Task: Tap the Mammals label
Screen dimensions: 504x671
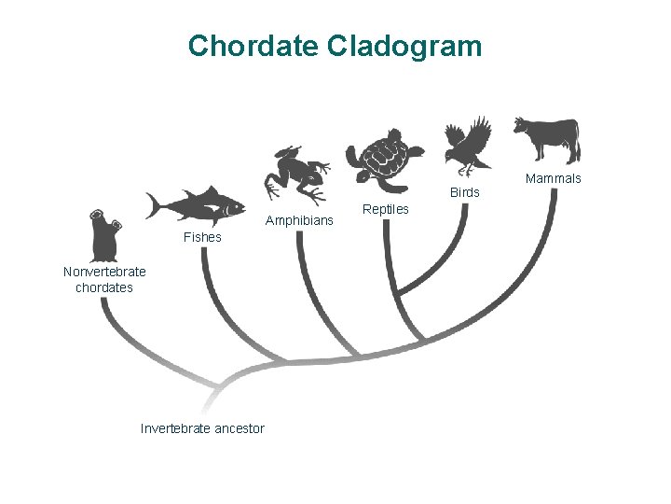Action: (553, 178)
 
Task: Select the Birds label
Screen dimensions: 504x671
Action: (464, 192)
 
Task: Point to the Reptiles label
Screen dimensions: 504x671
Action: (385, 209)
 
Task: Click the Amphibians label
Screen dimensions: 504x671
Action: (299, 221)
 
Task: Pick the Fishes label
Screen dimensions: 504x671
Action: (202, 237)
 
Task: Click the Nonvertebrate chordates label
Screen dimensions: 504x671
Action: (104, 279)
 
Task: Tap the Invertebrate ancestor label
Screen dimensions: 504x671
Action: (202, 428)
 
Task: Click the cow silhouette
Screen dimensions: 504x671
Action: (547, 138)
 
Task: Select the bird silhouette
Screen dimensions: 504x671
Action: (469, 145)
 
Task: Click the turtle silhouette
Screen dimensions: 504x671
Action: (383, 159)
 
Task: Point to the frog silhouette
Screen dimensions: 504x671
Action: (296, 174)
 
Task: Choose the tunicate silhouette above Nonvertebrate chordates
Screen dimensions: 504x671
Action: (103, 234)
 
